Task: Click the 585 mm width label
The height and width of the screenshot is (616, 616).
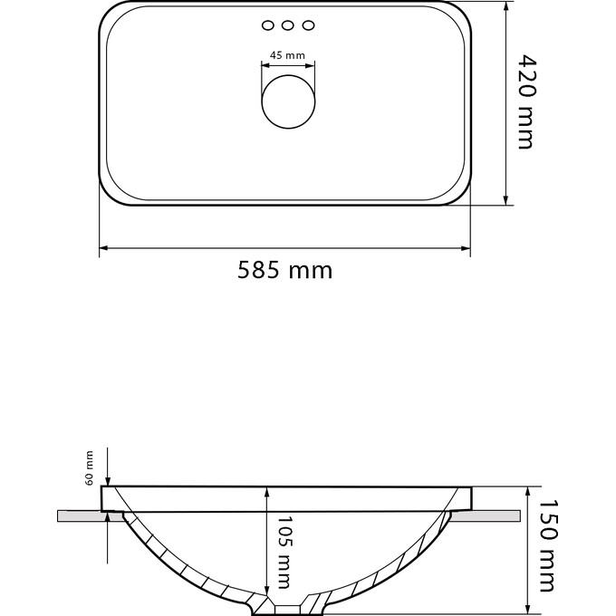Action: [x=284, y=270]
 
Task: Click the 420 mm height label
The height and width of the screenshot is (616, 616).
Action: [x=525, y=101]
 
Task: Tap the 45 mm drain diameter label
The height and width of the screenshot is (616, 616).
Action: [x=287, y=55]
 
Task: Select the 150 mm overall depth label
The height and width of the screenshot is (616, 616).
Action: [x=548, y=545]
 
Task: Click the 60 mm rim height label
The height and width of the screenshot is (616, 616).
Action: [x=89, y=468]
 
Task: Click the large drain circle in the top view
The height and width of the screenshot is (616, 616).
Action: [x=288, y=101]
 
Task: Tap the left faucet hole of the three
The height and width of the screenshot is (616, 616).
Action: [x=268, y=25]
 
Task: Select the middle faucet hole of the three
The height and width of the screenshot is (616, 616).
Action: [x=288, y=25]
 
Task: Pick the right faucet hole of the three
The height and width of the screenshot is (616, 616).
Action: [x=308, y=25]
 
